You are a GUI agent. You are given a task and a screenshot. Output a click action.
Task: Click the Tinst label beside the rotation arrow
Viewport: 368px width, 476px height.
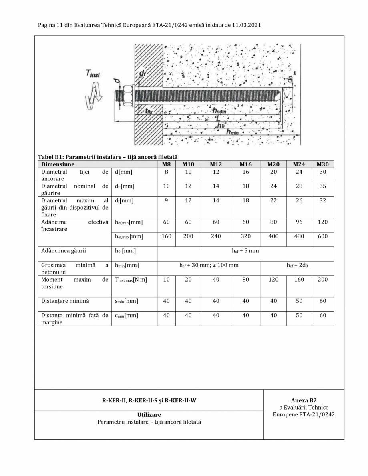point(93,74)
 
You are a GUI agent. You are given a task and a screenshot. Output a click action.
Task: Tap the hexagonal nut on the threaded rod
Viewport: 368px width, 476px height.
point(128,96)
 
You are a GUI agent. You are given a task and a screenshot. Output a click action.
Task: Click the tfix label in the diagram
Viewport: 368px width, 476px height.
point(152,112)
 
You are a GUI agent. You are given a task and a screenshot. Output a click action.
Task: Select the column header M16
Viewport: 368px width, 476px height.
point(245,164)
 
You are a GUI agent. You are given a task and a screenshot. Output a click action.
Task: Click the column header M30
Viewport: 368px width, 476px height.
point(322,164)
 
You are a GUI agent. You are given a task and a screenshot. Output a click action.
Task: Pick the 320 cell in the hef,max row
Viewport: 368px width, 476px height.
point(245,236)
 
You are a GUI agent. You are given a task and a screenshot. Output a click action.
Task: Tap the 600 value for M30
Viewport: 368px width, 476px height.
point(322,236)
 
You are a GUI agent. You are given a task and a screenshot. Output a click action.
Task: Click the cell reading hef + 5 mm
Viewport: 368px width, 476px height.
point(245,251)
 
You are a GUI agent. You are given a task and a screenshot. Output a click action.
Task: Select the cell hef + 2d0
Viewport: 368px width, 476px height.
point(297,265)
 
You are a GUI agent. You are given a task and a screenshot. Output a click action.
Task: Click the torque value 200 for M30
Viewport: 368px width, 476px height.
point(322,280)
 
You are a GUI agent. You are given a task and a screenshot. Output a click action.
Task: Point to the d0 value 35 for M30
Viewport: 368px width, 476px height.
point(322,186)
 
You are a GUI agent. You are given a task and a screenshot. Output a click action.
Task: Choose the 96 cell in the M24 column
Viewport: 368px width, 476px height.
point(299,222)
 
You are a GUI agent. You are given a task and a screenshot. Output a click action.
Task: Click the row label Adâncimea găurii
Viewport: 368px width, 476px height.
point(64,251)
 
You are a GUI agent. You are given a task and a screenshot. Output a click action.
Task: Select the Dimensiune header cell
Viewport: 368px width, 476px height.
point(58,164)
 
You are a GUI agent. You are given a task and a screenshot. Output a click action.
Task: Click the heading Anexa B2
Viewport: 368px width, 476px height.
point(304,400)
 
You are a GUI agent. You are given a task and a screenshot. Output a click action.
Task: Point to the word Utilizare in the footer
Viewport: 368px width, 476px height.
point(149,415)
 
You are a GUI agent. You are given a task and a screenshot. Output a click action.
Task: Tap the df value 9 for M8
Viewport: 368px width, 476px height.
point(166,200)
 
